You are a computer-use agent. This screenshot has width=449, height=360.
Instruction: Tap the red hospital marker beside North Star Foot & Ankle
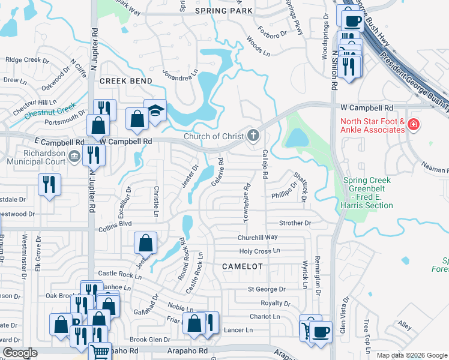click(412, 125)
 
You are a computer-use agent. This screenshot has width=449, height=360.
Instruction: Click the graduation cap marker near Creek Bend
click(155, 111)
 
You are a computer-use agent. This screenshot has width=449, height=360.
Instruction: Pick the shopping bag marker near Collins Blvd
click(145, 244)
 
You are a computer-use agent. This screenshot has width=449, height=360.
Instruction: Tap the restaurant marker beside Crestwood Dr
click(49, 185)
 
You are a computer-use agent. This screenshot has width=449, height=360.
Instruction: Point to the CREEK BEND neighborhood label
click(125, 80)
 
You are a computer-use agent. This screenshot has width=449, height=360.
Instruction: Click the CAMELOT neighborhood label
click(243, 266)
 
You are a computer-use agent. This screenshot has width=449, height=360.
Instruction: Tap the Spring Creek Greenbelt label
click(367, 193)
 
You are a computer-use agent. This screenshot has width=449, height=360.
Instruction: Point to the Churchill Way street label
click(258, 237)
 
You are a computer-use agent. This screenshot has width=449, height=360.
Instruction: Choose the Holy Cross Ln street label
click(259, 251)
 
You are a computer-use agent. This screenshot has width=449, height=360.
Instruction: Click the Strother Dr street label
click(295, 223)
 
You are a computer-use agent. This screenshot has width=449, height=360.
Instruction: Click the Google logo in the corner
click(20, 353)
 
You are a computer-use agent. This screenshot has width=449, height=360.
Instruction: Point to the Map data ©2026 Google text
click(411, 355)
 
